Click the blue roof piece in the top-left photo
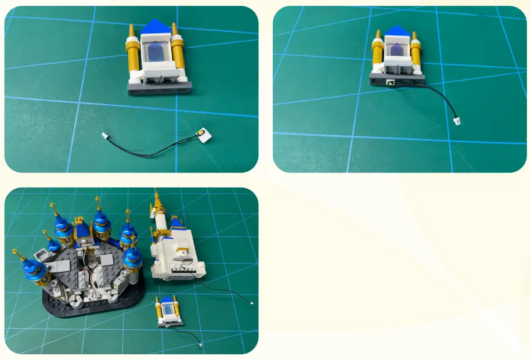tap(155, 26)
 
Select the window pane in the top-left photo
tap(157, 51)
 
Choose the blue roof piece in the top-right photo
tap(396, 31)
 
